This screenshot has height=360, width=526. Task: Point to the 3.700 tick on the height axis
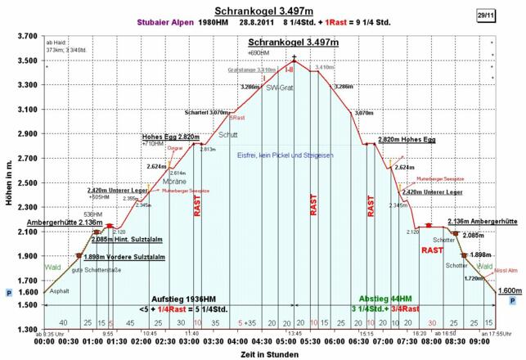pos(26,37)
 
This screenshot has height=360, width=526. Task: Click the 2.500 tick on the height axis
pos(26,183)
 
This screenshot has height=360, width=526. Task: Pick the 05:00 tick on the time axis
pos(294,344)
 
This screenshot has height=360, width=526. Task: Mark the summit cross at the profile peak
pos(294,57)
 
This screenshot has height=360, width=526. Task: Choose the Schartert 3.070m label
pos(205,112)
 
